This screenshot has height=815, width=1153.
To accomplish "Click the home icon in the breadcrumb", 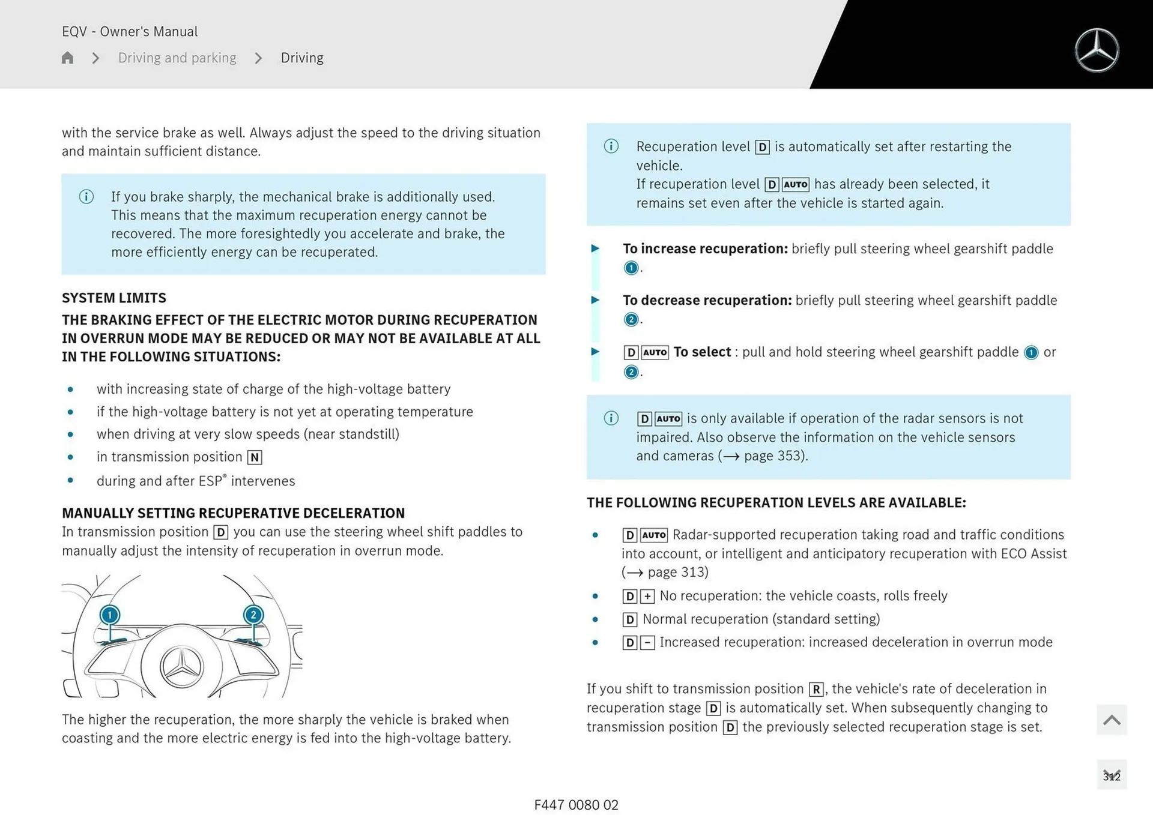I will point(67,58).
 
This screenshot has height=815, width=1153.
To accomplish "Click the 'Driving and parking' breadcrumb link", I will point(177,58).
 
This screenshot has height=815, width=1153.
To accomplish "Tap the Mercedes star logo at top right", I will point(1097,50).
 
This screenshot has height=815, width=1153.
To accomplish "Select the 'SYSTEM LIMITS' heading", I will point(114,298).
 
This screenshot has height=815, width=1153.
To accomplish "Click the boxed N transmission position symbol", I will point(255,457).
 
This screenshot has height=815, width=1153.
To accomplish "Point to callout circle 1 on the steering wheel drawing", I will point(110,615).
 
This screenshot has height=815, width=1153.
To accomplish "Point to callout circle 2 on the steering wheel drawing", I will point(253,615).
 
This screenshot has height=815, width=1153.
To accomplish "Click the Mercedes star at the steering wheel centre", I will point(182,667).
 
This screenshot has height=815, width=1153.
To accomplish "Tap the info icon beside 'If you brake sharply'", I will point(86,197).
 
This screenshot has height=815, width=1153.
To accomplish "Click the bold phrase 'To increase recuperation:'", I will point(705,248).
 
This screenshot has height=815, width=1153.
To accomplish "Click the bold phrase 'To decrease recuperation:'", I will point(707,300).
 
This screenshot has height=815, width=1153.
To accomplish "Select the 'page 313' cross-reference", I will point(677,572).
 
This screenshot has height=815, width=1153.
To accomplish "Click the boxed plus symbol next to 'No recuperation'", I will point(647,596).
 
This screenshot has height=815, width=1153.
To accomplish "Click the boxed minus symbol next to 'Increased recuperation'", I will point(647,643).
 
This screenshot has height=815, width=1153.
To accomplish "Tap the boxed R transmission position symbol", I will point(816,689).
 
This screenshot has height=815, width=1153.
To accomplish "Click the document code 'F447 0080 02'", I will point(576,805).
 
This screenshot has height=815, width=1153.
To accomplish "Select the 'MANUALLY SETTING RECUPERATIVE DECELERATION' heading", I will point(233,513).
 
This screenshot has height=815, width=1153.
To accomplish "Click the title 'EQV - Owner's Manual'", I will point(130,31).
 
